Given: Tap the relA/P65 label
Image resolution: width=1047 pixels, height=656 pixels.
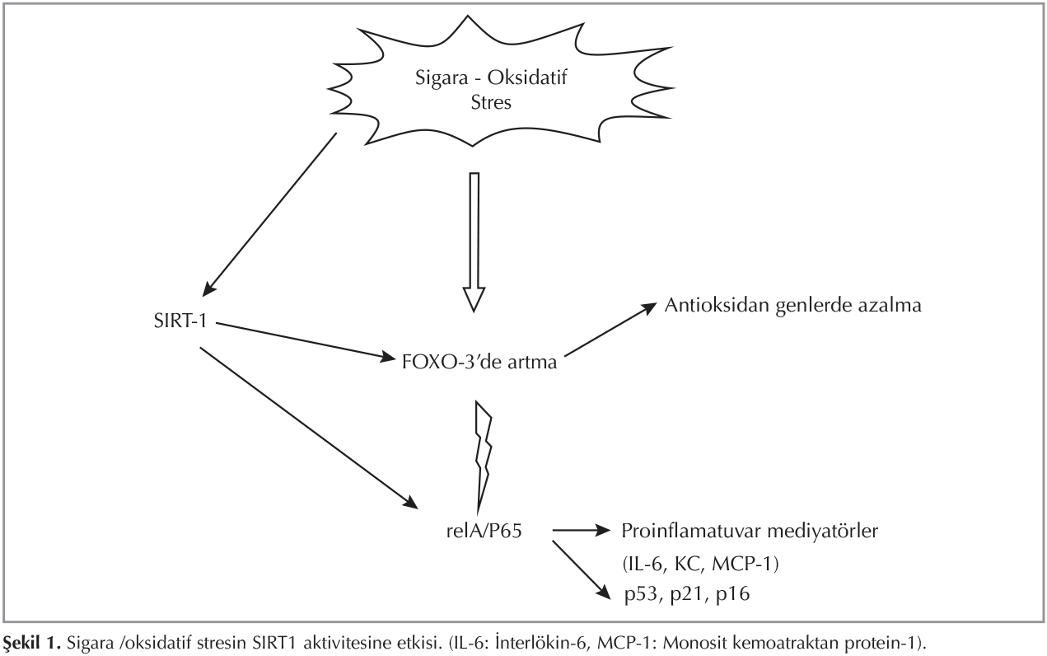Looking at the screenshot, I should pos(482,532).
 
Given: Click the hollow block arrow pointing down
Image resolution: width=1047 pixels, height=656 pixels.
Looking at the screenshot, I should pos(473,239).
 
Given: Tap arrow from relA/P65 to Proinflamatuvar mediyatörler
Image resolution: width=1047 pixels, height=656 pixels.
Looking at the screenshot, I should pos(581,532).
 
